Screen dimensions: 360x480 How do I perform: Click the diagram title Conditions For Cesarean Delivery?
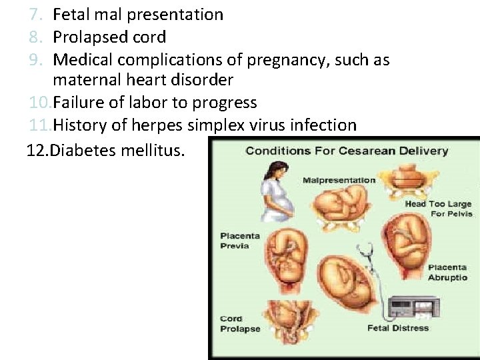[347, 151]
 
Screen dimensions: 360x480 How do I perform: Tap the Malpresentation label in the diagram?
[339, 180]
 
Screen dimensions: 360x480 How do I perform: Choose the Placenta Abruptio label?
[447, 273]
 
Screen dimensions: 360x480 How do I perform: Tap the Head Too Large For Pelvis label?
[439, 209]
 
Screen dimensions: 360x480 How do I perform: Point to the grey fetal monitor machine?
[413, 307]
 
